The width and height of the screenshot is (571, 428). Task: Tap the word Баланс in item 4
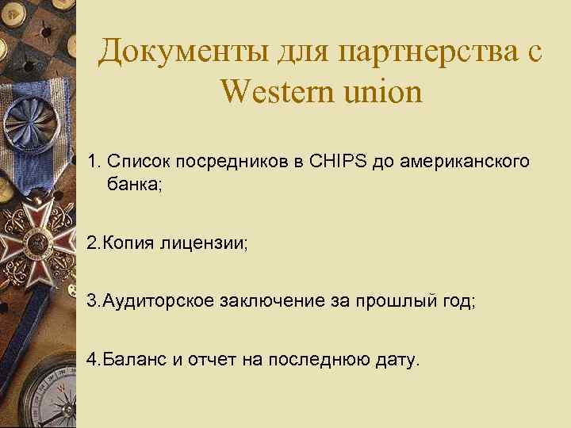[x=134, y=360]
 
